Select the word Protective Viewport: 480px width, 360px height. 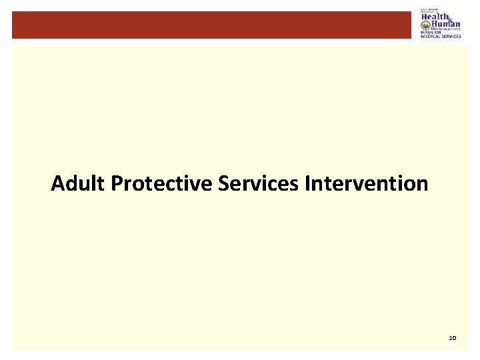pyautogui.click(x=163, y=183)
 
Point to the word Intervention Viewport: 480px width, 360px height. pyautogui.click(x=366, y=183)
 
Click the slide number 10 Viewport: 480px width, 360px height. pyautogui.click(x=453, y=339)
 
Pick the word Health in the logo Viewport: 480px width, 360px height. pyautogui.click(x=435, y=17)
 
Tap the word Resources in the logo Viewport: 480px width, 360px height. pyautogui.click(x=447, y=29)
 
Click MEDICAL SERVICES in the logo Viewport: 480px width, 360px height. pyautogui.click(x=441, y=36)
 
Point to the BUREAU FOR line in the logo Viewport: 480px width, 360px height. pyautogui.click(x=430, y=33)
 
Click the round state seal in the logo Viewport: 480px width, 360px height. pyautogui.click(x=425, y=25)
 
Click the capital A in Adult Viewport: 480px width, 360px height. pyautogui.click(x=57, y=183)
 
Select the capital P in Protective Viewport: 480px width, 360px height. pyautogui.click(x=117, y=183)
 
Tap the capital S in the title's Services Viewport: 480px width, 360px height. pyautogui.click(x=223, y=183)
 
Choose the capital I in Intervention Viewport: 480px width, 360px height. pyautogui.click(x=307, y=183)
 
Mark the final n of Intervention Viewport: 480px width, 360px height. pyautogui.click(x=422, y=185)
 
